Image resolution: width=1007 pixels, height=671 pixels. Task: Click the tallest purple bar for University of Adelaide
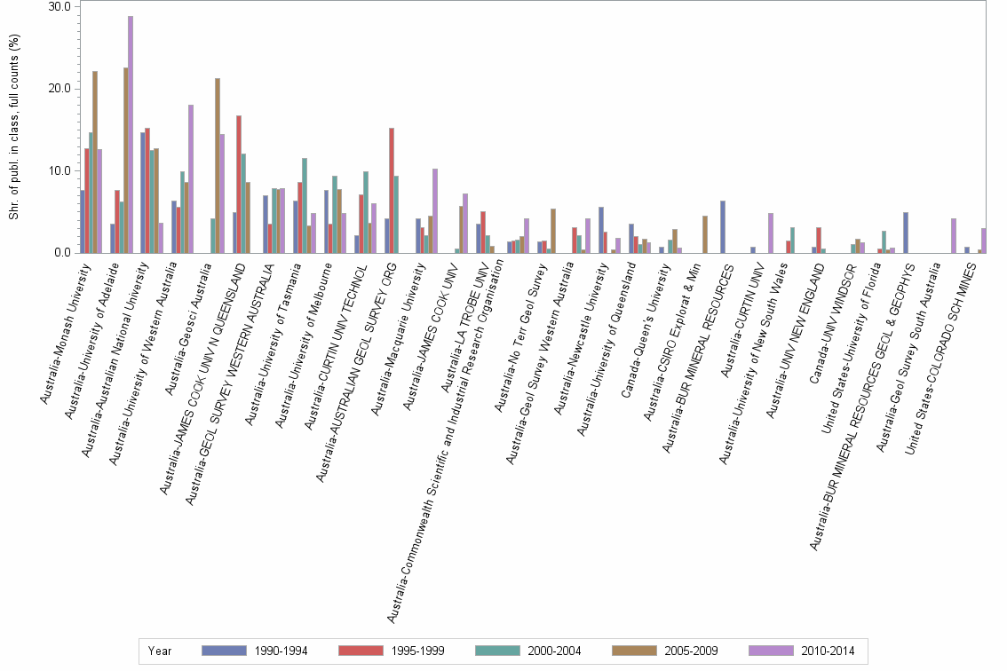coord(131,134)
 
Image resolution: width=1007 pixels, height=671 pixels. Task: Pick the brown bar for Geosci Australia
coord(218,165)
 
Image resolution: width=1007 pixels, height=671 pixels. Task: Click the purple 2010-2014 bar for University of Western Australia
coord(191,178)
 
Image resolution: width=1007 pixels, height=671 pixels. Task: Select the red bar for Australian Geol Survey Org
coord(392,190)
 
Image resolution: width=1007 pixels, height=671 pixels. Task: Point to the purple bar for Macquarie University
coord(435,210)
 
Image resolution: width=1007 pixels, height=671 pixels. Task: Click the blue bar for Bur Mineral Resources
coord(723,226)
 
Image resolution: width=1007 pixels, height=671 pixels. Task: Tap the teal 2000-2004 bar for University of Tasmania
coord(305,205)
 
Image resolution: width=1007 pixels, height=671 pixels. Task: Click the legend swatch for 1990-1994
coord(223,651)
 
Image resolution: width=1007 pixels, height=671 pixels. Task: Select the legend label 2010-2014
coord(827,651)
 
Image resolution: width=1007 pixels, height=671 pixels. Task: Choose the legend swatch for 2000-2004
coord(497,651)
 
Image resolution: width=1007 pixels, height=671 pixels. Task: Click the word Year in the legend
coord(160,651)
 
